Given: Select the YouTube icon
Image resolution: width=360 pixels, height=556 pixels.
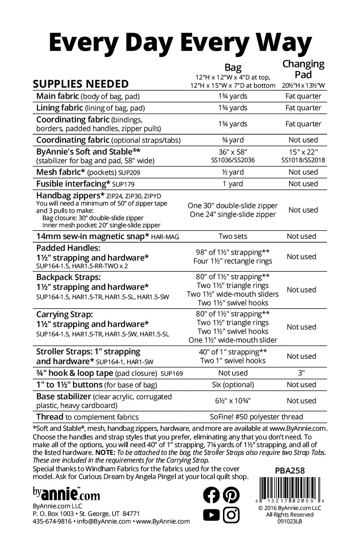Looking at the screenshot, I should coord(212,515).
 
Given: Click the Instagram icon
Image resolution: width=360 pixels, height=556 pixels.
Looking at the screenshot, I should coord(231,515).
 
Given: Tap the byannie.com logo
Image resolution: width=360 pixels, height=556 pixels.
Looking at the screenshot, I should coord(66,494).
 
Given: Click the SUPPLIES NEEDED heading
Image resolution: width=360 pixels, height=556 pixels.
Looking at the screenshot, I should coord(81,84).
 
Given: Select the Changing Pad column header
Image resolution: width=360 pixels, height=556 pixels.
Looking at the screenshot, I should coord(303,69).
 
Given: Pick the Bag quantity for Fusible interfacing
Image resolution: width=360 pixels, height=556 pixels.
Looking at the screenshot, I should coord(233,184).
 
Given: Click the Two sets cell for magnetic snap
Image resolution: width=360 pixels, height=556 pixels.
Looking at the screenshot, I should coord(233,236).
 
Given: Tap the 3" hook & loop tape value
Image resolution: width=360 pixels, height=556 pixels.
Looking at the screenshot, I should coord(303,373).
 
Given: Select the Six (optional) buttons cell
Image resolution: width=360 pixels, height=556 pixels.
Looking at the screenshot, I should coord(233,385).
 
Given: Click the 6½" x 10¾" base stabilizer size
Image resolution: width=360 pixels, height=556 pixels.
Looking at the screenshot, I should coord(233,401).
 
